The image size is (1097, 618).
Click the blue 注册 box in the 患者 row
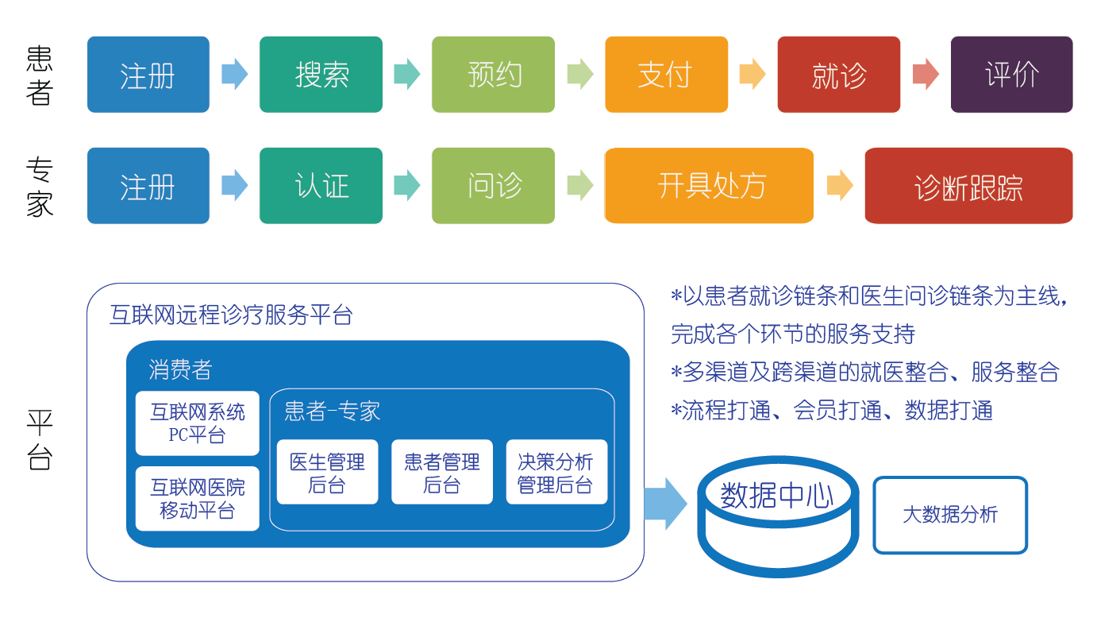point(148,75)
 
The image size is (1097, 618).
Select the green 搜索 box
point(321,75)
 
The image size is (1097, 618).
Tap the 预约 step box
point(493,75)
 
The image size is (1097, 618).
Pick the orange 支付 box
point(666,75)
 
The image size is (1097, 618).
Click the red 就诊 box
point(838,75)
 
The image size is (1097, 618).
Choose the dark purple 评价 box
point(1011,75)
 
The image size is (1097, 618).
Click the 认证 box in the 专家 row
point(321,186)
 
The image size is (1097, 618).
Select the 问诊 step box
point(493,186)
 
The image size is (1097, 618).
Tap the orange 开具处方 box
point(709,186)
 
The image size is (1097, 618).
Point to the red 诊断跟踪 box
point(968,186)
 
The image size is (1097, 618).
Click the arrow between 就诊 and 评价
point(926,75)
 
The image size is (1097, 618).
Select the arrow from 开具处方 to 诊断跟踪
point(839,186)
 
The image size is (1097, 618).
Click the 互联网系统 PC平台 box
point(197,423)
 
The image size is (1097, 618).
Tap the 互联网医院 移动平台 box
point(197,498)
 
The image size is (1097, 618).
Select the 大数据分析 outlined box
point(949,515)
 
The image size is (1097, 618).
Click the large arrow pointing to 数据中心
point(664,504)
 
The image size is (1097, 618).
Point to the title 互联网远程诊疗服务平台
point(231,315)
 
